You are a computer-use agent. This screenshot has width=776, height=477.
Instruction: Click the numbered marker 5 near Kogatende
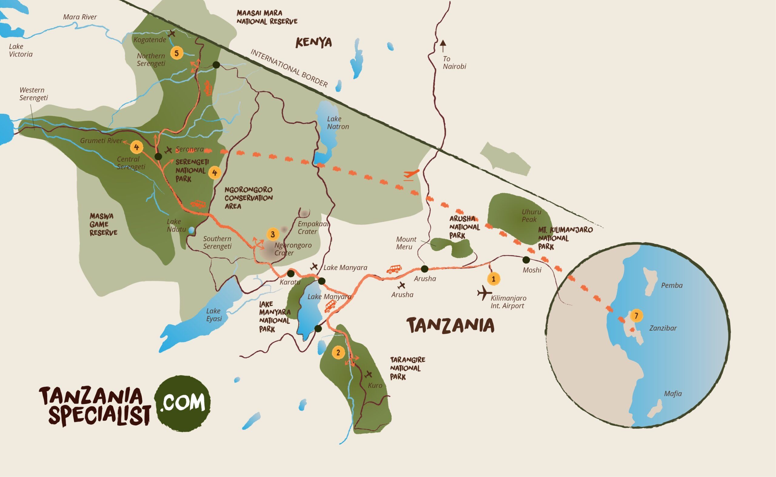click(177, 53)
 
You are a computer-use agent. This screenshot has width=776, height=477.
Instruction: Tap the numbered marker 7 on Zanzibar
click(636, 316)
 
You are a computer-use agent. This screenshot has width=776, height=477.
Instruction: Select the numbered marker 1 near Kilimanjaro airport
click(493, 279)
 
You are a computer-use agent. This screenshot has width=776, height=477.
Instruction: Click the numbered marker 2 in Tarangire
click(338, 352)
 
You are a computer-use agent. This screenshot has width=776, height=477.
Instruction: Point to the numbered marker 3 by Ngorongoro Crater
click(273, 234)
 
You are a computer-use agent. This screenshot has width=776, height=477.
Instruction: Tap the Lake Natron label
click(338, 123)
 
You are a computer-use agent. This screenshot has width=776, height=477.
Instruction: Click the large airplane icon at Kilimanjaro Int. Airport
click(484, 294)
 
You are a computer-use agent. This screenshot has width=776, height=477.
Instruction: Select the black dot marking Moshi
click(526, 260)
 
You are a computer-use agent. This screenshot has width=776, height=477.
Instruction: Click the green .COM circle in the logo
click(182, 403)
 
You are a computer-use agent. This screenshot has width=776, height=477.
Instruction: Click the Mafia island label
click(673, 393)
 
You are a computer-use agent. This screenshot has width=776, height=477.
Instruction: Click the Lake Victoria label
click(21, 50)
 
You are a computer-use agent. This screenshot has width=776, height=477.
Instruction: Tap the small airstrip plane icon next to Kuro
click(368, 375)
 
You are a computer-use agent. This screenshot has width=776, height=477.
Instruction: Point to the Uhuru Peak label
click(531, 216)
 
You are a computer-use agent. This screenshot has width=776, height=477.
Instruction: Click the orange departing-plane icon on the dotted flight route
click(411, 174)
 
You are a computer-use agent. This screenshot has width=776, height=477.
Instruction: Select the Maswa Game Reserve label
click(103, 224)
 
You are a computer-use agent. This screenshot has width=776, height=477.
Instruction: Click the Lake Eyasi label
click(214, 314)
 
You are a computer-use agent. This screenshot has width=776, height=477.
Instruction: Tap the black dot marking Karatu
click(290, 273)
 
